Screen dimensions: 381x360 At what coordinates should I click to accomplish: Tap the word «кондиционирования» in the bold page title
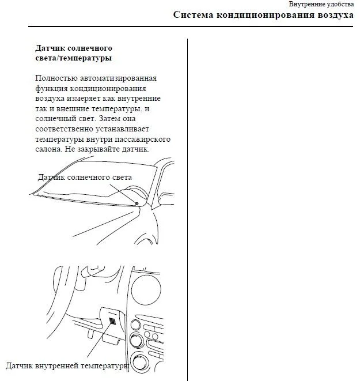click(x=264, y=15)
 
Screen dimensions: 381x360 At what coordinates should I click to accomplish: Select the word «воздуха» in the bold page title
click(x=335, y=15)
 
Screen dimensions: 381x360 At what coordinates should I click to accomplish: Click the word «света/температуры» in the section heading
click(x=73, y=58)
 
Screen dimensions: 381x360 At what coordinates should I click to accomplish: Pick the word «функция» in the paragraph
click(x=51, y=88)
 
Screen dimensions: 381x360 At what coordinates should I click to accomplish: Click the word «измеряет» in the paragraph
click(x=94, y=99)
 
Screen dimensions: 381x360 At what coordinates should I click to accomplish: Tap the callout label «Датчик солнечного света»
click(x=85, y=178)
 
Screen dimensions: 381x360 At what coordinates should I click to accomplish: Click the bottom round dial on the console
click(x=139, y=364)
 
